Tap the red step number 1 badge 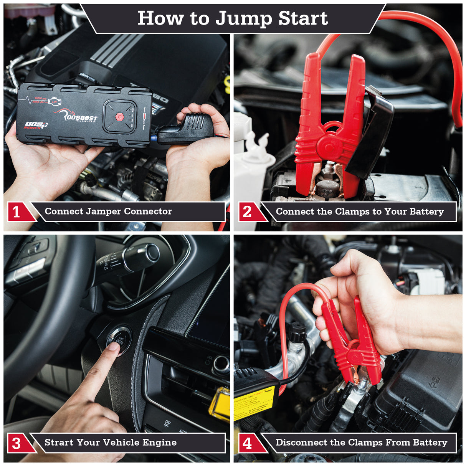(x=17, y=212)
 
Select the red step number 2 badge (x=248, y=212)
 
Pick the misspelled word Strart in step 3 (x=59, y=443)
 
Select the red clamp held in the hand (x=351, y=345)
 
